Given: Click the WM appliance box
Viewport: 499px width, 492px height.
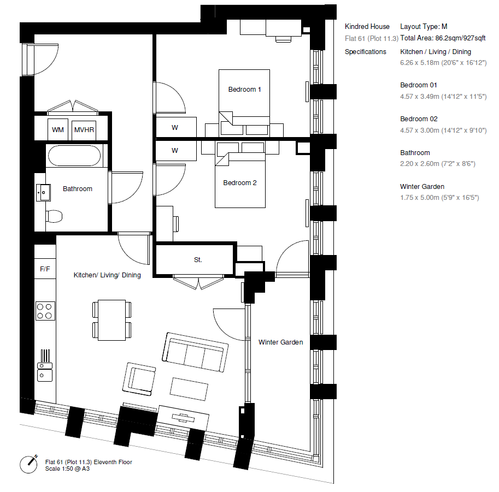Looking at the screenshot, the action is [57, 129].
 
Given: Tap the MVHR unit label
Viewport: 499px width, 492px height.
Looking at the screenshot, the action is [84, 130].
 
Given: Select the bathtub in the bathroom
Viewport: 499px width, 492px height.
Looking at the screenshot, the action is [74, 156].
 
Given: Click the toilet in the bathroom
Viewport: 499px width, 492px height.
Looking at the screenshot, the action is [54, 216].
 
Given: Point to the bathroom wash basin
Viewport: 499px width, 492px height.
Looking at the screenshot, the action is [43, 192].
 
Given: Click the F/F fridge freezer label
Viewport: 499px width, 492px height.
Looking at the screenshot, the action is [45, 269].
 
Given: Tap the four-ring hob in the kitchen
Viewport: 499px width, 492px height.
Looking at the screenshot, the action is [45, 311].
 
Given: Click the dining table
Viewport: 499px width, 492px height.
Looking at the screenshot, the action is [111, 320].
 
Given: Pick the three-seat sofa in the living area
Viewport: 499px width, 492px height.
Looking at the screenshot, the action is [195, 352].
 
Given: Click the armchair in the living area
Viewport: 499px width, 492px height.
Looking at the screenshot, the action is [139, 379].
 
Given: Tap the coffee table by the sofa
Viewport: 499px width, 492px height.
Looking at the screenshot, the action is [189, 389].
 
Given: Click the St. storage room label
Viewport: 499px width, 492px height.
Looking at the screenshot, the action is [198, 260].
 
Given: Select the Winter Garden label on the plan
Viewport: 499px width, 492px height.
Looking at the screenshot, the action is [281, 342].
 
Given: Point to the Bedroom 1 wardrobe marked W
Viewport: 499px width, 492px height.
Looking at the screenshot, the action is [175, 128].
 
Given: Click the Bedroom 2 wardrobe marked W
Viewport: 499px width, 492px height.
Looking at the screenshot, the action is [175, 150].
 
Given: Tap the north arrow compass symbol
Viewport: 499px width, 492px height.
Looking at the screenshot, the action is [29, 464].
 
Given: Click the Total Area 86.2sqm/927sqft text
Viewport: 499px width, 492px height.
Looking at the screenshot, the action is [443, 38].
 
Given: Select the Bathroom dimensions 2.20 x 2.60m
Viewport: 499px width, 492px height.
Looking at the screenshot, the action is [438, 164].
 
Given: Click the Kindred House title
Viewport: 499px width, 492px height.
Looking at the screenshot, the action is [367, 26].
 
